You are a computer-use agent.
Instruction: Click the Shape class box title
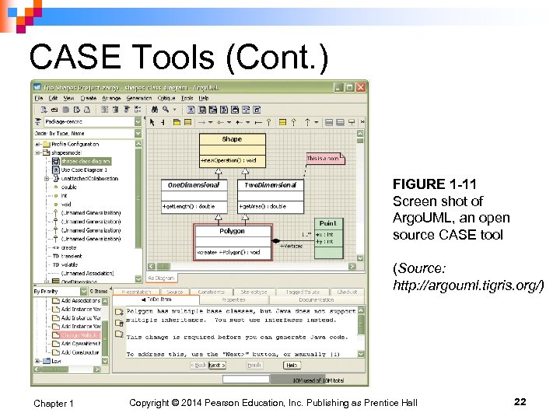(x=232, y=139)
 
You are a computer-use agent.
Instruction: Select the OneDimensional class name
(x=194, y=185)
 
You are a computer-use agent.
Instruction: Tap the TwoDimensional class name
(x=271, y=185)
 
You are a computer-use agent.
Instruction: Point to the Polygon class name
(x=232, y=231)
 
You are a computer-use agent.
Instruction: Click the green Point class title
(x=327, y=223)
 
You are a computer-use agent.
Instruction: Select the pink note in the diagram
(x=324, y=159)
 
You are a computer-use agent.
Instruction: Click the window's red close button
(x=360, y=87)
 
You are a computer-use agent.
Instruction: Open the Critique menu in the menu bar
(x=166, y=98)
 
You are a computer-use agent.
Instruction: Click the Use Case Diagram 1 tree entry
(x=83, y=170)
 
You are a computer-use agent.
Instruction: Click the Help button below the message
(x=292, y=365)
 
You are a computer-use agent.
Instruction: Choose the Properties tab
(x=233, y=299)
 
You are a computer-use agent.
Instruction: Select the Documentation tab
(x=316, y=299)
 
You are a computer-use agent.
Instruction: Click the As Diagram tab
(x=162, y=278)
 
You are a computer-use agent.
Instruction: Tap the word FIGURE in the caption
(x=418, y=184)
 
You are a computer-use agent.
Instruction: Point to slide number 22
(x=520, y=401)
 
